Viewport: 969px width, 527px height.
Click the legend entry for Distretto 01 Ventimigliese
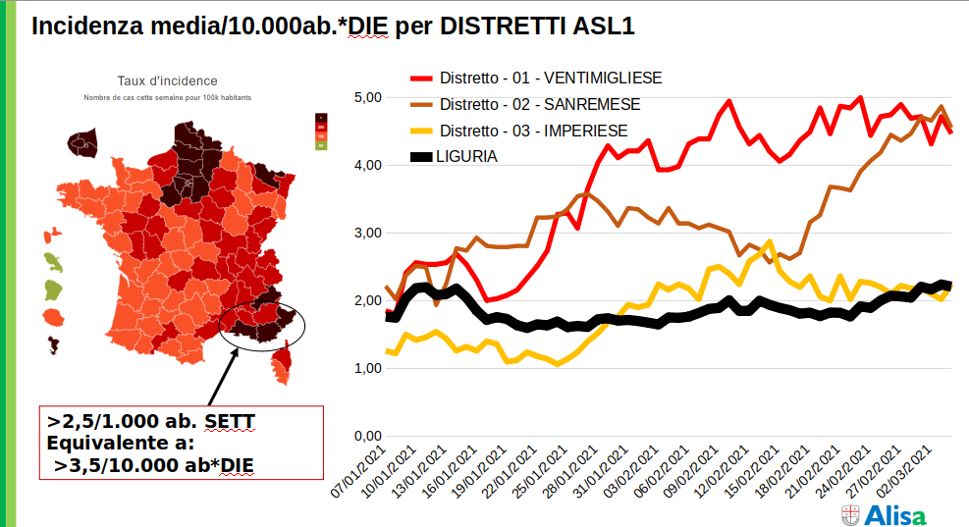tap(550, 79)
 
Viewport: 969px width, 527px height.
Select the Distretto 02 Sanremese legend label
tap(540, 105)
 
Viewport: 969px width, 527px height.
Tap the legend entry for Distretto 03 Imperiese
tap(533, 131)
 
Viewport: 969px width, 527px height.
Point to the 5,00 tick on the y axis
tap(367, 97)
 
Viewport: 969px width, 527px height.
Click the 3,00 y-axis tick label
tap(367, 233)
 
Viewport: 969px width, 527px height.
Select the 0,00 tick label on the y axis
tap(367, 436)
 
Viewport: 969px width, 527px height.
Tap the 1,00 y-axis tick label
tap(367, 368)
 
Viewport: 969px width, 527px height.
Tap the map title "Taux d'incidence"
tap(167, 81)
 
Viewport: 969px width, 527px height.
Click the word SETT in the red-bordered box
tap(229, 421)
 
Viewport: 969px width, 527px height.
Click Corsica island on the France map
tap(283, 364)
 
